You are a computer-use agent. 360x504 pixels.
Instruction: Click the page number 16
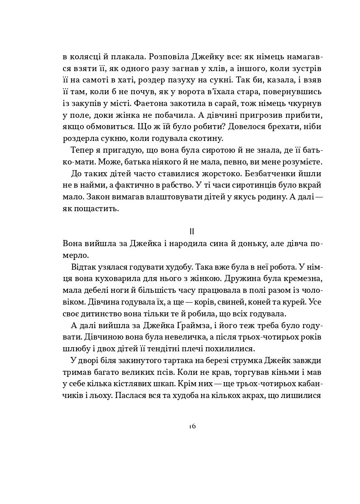[x=192, y=426]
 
